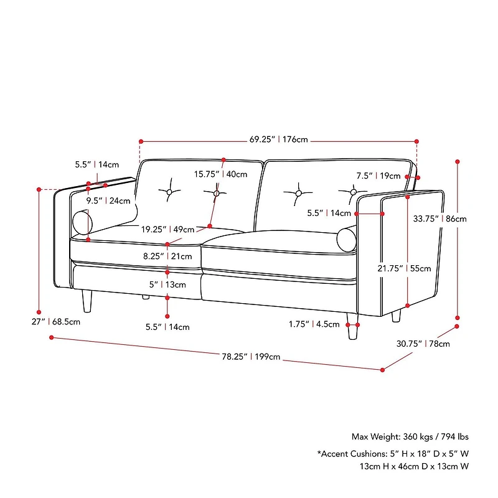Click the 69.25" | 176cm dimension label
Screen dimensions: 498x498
click(279, 139)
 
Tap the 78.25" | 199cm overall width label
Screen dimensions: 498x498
click(251, 357)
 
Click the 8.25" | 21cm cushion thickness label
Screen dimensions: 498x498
click(167, 256)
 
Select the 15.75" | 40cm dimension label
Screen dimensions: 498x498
click(220, 174)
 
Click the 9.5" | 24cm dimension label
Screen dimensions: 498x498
click(108, 200)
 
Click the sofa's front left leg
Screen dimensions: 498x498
click(86, 300)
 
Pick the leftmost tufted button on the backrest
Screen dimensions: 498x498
click(168, 192)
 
